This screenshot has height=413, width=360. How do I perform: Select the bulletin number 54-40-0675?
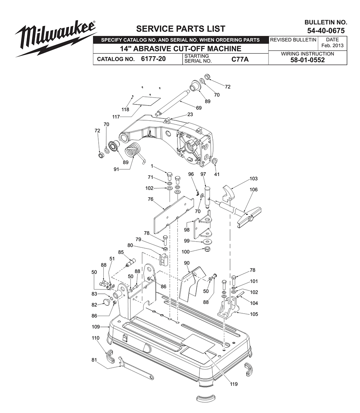pos(326,31)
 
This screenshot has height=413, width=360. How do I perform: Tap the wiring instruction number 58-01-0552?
pos(307,60)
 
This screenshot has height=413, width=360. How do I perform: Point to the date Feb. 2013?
pos(332,45)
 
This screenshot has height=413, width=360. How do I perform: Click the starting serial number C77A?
pos(240,59)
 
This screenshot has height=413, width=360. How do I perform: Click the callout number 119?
pos(234,384)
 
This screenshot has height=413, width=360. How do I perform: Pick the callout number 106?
pos(254,190)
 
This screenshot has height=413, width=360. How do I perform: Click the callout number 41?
pos(217,174)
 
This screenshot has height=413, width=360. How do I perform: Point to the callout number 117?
pos(116,117)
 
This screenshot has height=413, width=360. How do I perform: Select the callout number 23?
pos(190,115)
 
